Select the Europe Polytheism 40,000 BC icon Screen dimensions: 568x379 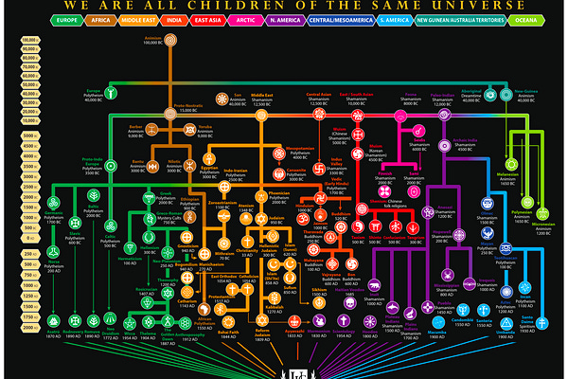(x=111, y=93)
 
